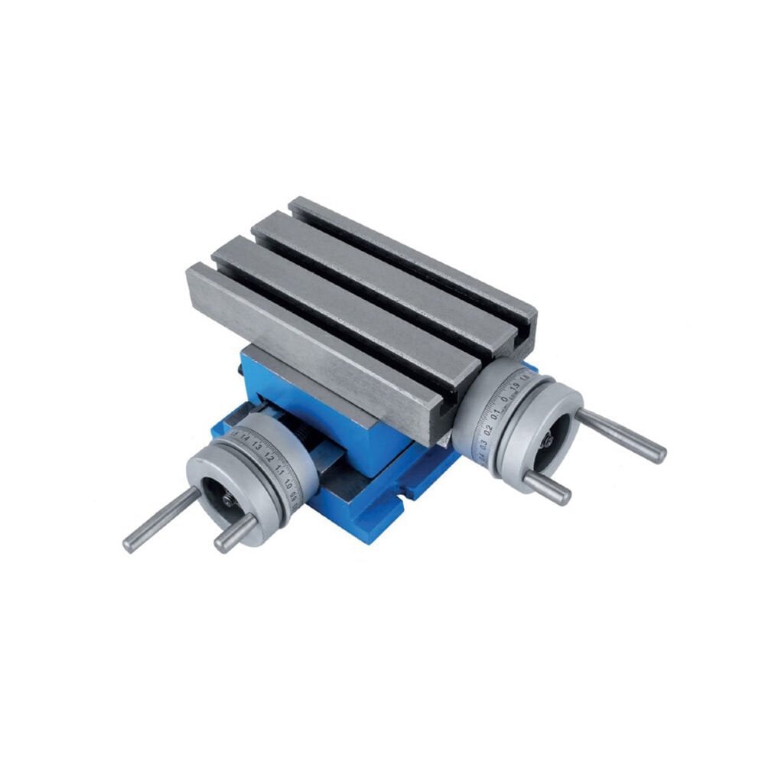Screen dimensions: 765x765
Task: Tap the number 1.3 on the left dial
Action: click(x=257, y=446)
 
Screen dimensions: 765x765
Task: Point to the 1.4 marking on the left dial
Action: click(x=245, y=438)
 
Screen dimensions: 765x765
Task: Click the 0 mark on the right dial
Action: click(x=505, y=399)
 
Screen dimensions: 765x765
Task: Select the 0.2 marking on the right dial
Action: click(x=488, y=429)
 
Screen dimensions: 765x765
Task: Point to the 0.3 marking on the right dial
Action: click(x=483, y=443)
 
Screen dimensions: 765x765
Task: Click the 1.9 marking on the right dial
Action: click(x=515, y=386)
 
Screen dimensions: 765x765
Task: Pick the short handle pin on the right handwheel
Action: click(x=546, y=487)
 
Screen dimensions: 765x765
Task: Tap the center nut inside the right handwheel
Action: click(x=548, y=441)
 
